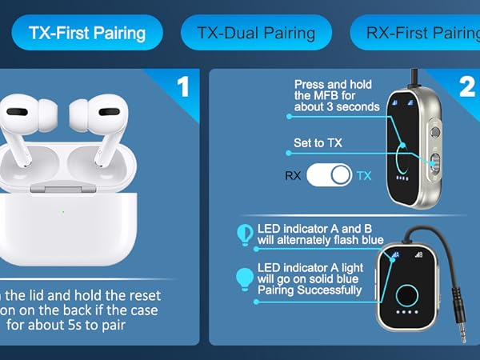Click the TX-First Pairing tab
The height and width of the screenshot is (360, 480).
[87, 33]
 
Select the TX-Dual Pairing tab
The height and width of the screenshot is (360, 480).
[256, 33]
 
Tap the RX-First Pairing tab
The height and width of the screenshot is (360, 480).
[417, 33]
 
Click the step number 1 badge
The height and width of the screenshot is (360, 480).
[182, 86]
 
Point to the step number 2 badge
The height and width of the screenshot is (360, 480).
[466, 86]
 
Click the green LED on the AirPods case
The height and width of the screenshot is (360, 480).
[62, 212]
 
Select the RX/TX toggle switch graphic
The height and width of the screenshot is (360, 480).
[330, 175]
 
